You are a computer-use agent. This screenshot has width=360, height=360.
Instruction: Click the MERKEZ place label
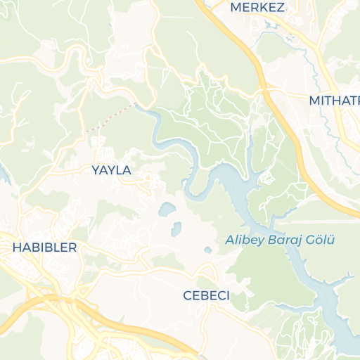point(257,8)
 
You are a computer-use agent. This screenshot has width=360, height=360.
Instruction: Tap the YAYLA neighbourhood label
point(111,169)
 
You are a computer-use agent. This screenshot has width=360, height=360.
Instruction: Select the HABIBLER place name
point(44,247)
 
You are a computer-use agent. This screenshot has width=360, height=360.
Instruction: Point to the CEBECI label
point(206,295)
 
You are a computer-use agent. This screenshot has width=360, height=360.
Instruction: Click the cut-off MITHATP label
point(334,101)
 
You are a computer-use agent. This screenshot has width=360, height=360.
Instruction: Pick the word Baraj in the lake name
point(283,240)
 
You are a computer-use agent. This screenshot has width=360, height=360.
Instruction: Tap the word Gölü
point(320,240)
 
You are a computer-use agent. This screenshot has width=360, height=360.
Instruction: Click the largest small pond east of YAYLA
point(167,209)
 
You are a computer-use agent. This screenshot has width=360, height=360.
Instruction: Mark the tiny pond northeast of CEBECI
point(207,250)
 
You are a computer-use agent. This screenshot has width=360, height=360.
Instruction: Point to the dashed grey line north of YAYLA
point(110,118)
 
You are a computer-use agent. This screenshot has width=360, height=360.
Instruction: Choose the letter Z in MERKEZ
point(280,8)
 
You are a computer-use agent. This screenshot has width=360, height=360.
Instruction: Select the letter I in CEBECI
point(227,295)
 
